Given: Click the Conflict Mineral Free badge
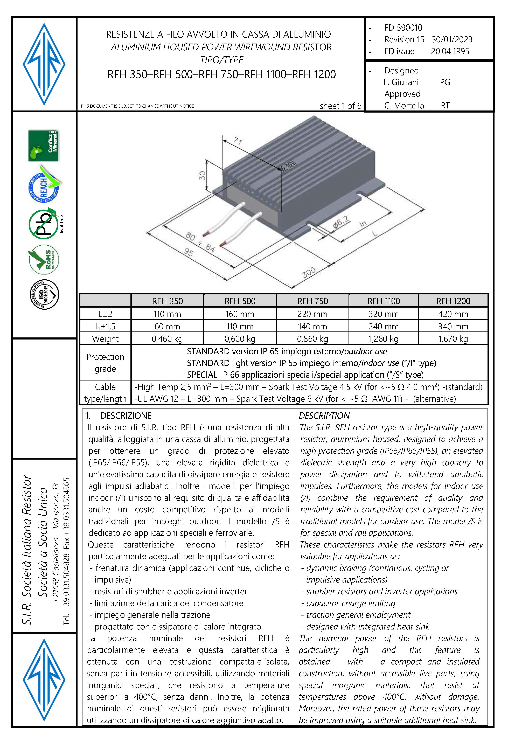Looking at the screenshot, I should pyautogui.click(x=43, y=146).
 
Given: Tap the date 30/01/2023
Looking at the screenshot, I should pyautogui.click(x=451, y=40).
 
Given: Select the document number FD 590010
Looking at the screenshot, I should pyautogui.click(x=403, y=28).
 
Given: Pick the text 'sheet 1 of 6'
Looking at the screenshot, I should pyautogui.click(x=340, y=106).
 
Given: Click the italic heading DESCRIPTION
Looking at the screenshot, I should pyautogui.click(x=324, y=416).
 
